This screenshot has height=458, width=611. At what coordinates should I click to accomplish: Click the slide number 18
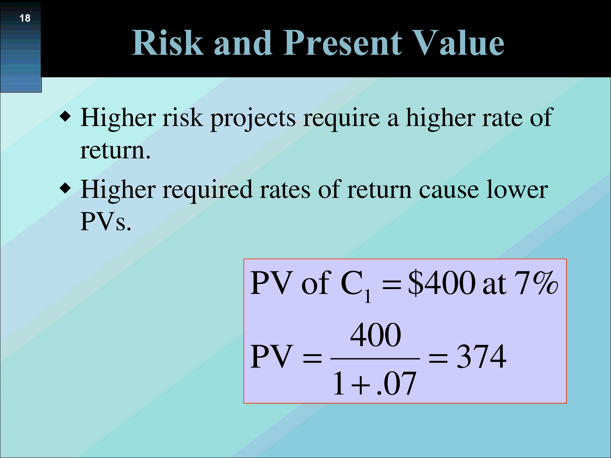(25, 18)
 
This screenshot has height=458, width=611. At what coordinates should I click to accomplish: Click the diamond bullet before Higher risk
(65, 116)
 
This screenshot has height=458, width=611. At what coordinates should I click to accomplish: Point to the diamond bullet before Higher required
(65, 188)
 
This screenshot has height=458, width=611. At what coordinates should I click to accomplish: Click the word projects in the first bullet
(253, 119)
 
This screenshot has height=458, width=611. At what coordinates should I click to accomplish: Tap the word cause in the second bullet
(449, 191)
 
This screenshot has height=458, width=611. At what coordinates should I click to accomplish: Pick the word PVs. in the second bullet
(105, 221)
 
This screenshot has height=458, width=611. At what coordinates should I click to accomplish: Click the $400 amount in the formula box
(442, 283)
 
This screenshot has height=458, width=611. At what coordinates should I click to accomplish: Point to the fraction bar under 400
(375, 359)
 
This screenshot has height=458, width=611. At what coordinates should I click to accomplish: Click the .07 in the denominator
(397, 383)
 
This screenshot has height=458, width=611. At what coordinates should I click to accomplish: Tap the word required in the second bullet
(208, 191)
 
